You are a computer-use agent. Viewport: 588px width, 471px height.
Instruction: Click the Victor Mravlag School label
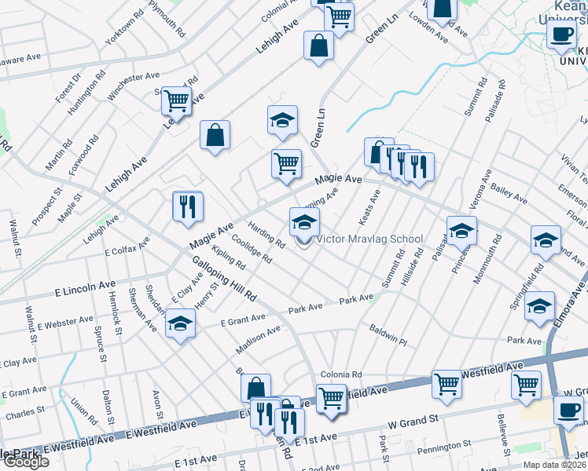click(369, 239)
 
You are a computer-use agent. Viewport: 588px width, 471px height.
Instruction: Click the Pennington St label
click(445, 447)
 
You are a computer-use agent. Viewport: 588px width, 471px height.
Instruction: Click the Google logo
click(25, 462)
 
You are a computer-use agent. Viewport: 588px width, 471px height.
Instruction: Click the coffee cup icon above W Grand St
click(568, 408)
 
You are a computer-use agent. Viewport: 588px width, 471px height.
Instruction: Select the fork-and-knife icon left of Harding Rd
click(188, 206)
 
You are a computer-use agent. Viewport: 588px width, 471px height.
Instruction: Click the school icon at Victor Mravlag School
click(304, 222)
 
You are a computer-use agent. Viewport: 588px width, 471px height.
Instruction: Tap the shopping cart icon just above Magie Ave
click(287, 163)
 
